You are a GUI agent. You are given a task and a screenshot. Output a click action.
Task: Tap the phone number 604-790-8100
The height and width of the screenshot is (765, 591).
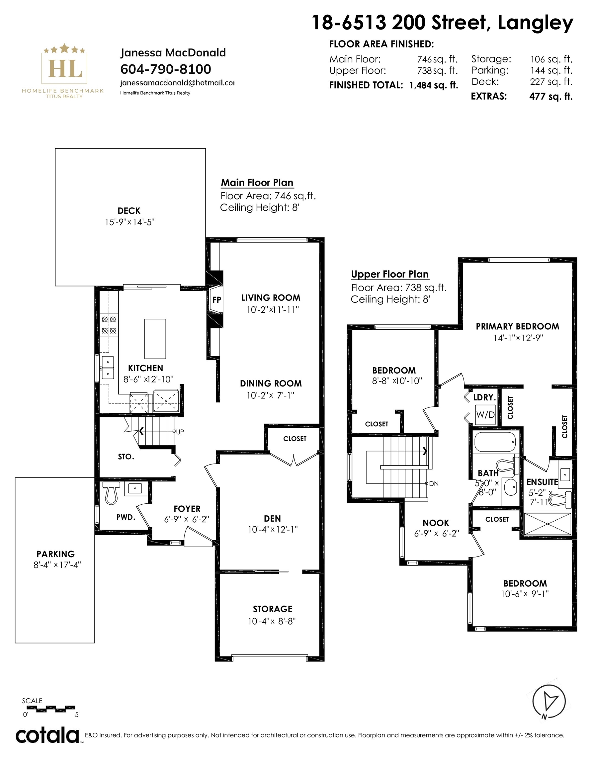point(166,69)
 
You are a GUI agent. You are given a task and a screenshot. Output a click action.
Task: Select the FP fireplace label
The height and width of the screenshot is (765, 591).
point(217,300)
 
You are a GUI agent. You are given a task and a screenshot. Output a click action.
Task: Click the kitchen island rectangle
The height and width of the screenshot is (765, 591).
point(155,339)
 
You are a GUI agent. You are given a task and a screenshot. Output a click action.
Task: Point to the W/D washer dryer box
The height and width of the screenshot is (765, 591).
point(485,415)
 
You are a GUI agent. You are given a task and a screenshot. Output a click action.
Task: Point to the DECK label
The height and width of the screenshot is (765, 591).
point(129,211)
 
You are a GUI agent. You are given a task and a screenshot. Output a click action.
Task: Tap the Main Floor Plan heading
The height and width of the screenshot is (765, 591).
point(257,183)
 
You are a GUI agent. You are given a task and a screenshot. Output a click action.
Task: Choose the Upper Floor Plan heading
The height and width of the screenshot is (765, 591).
point(390,274)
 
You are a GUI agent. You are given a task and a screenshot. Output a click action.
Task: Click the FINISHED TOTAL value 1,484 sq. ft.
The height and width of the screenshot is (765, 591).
point(434,85)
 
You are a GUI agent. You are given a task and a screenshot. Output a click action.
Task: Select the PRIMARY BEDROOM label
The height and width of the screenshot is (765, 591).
point(517,326)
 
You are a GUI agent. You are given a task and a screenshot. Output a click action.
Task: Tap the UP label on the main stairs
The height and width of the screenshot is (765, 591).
point(180,432)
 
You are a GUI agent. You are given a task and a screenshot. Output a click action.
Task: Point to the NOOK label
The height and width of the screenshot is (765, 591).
point(436,523)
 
